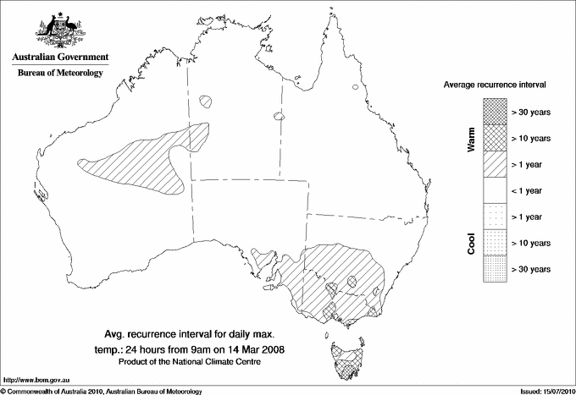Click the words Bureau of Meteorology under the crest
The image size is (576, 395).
click(59, 74)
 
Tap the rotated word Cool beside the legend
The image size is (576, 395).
click(472, 244)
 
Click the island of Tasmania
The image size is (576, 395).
click(345, 360)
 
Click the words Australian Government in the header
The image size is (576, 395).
click(59, 58)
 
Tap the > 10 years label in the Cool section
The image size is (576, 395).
click(532, 243)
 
